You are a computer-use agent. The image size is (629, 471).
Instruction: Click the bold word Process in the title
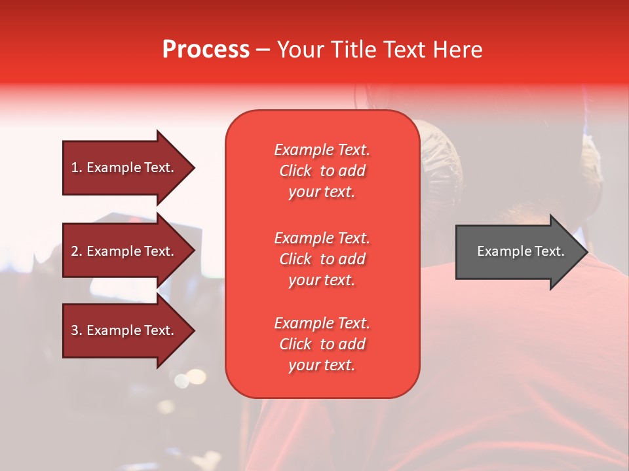(206, 50)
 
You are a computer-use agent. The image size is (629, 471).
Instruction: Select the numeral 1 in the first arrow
(75, 167)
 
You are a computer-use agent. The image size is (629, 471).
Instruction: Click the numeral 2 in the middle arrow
(75, 251)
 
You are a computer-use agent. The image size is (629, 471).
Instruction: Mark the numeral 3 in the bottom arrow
(75, 330)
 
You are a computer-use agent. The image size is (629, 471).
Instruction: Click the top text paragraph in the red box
(322, 171)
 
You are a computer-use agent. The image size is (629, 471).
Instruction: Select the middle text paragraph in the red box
(322, 259)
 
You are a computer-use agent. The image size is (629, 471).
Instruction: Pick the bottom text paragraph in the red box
(322, 344)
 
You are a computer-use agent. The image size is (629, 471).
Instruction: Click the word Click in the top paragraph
(295, 171)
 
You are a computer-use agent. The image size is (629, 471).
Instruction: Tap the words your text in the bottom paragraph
(322, 365)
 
